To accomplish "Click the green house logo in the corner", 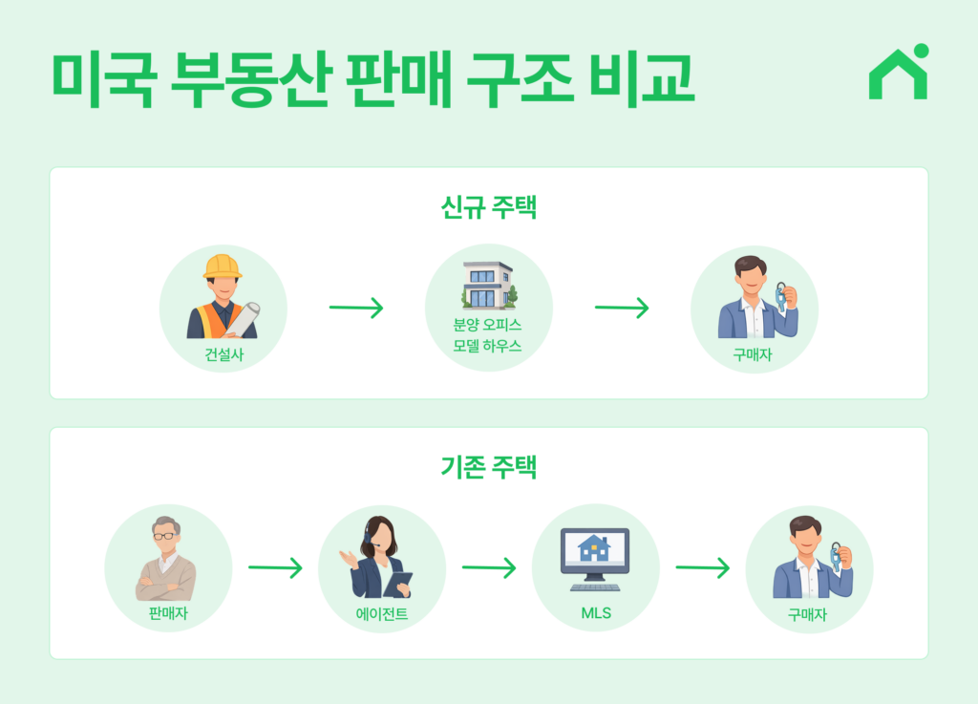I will (x=898, y=74).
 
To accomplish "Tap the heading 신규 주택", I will (x=488, y=207).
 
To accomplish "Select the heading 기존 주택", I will (x=488, y=467).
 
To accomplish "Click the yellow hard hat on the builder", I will (x=223, y=266).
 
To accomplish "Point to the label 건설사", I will (x=223, y=355).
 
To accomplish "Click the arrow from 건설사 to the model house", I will (x=355, y=309).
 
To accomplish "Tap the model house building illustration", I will (x=488, y=285).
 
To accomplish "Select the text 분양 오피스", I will (x=488, y=324).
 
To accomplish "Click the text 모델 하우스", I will (x=488, y=346).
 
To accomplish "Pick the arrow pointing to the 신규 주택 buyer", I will (x=621, y=309).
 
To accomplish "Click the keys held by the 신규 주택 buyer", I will (x=782, y=296).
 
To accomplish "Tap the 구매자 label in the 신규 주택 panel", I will (x=754, y=355).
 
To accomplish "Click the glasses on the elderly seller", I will (x=166, y=536).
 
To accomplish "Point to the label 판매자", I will (x=168, y=614).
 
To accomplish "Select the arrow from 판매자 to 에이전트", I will (x=275, y=568).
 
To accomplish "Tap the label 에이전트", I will (x=381, y=614).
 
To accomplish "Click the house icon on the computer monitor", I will (x=594, y=548).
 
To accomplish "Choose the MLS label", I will (x=595, y=613).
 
